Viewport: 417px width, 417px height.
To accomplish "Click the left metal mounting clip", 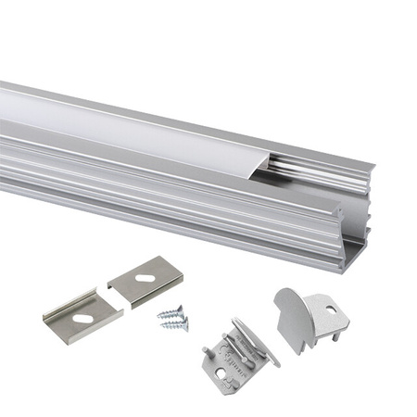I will [82, 315].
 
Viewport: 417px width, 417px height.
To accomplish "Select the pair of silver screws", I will [173, 318].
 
